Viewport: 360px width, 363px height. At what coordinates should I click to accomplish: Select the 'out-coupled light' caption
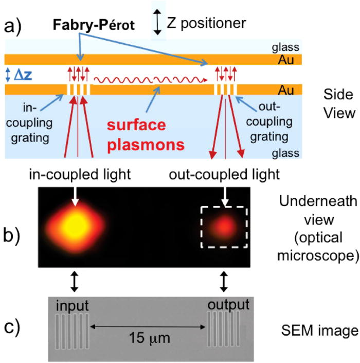[224, 175]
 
